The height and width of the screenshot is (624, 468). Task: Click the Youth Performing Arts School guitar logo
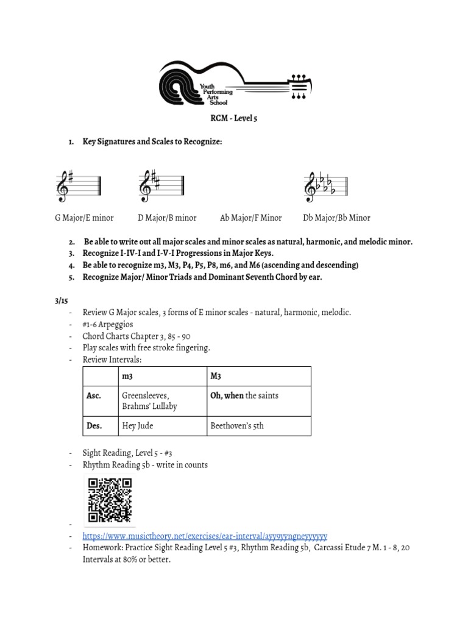(x=235, y=82)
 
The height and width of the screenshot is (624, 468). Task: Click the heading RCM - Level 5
(x=233, y=118)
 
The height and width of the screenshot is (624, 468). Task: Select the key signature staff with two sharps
(x=162, y=186)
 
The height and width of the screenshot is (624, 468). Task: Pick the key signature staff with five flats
(x=326, y=186)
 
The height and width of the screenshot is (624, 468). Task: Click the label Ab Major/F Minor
(x=250, y=218)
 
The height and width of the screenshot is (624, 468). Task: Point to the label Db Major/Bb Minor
(x=336, y=218)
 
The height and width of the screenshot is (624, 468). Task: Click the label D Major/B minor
(x=167, y=218)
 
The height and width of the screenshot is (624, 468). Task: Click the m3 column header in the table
(x=127, y=376)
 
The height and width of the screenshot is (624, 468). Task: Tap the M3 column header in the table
(x=216, y=376)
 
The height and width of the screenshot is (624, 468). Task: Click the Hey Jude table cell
(x=136, y=426)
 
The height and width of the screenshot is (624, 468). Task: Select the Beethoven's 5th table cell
(x=237, y=426)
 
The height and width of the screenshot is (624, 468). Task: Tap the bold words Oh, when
(x=227, y=395)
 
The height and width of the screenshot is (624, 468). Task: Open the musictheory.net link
(x=205, y=536)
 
